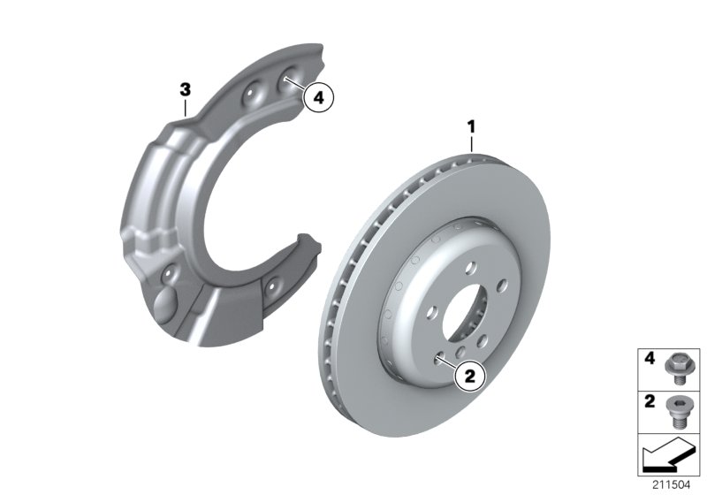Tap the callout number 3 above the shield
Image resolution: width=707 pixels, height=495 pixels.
point(185,88)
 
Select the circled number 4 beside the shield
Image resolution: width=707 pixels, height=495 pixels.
point(319,99)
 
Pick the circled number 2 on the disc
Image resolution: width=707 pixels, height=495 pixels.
point(468,376)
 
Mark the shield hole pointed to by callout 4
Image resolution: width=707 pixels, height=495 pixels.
point(287,82)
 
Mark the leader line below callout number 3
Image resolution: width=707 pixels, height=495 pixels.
point(185,108)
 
